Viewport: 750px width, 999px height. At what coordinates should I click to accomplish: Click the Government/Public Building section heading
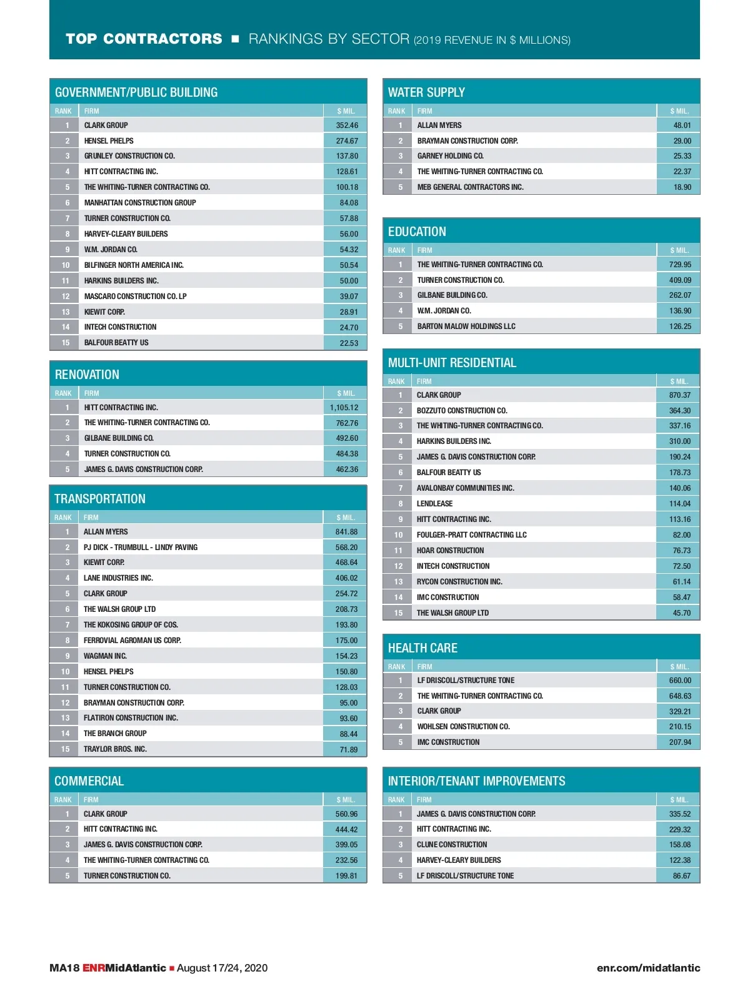[x=136, y=92]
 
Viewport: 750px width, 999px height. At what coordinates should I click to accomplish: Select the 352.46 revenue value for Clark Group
[x=347, y=125]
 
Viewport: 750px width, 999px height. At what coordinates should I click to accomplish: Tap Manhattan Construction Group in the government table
[x=140, y=203]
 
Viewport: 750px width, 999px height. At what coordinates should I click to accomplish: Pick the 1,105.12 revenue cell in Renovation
[x=344, y=408]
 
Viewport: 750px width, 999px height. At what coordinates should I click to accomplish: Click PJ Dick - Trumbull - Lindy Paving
[x=141, y=548]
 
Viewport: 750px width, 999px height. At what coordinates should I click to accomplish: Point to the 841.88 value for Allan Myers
[x=346, y=532]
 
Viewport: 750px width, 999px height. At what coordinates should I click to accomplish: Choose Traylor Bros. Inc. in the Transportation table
[x=115, y=749]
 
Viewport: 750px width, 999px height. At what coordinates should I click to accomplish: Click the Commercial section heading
[x=89, y=781]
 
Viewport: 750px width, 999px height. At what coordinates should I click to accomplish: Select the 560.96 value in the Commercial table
[x=346, y=814]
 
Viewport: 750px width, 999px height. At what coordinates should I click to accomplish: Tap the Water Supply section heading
[x=426, y=92]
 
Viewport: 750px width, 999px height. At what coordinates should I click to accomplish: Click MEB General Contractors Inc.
[x=470, y=187]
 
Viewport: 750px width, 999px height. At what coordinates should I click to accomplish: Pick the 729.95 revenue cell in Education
[x=680, y=265]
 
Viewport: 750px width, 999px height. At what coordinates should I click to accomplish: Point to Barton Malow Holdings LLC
[x=466, y=327]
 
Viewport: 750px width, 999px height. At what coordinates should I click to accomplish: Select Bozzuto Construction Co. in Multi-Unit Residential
[x=462, y=411]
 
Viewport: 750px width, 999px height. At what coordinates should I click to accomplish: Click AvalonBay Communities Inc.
[x=465, y=488]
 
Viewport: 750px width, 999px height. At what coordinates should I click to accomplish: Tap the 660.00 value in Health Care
[x=680, y=681]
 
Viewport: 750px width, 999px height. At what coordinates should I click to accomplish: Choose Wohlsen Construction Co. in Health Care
[x=463, y=727]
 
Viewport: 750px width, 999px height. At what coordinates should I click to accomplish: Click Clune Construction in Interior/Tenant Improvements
[x=452, y=845]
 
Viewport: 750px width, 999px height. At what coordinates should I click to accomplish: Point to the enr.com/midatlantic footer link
[x=648, y=968]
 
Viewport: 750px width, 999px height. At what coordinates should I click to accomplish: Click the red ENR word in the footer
[x=93, y=968]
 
